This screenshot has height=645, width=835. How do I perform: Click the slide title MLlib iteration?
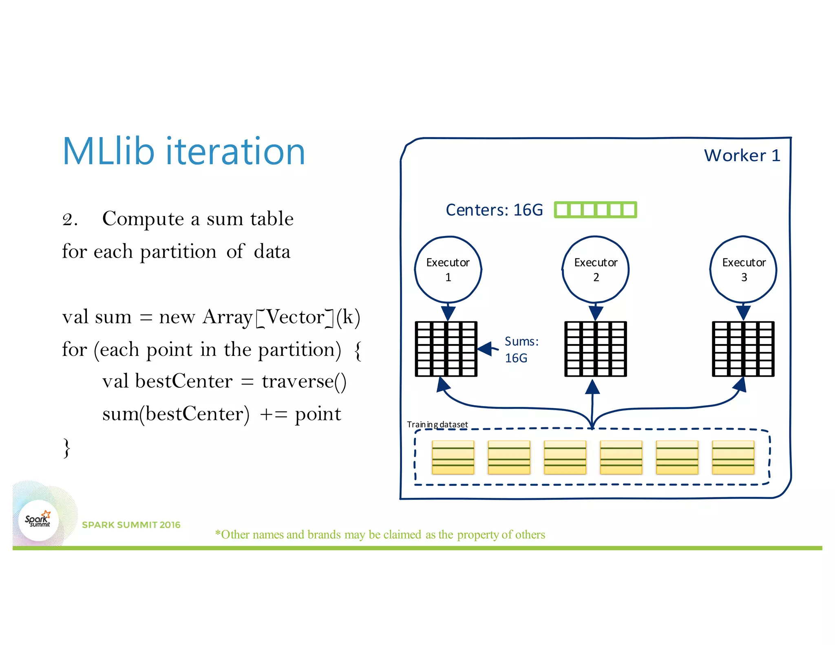pos(183,152)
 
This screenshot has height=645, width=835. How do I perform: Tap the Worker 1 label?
pos(742,156)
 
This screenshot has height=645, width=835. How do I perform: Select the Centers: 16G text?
pos(494,210)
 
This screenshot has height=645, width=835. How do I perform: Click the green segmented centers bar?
pos(595,210)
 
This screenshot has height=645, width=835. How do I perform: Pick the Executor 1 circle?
pos(448,269)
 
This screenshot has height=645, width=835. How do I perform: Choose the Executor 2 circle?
pos(596,269)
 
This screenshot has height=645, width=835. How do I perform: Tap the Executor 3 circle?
pos(743,269)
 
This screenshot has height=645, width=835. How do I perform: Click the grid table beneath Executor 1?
pos(446,349)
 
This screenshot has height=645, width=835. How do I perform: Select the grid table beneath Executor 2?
pos(595,349)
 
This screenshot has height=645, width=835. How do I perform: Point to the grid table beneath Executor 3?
pos(743,349)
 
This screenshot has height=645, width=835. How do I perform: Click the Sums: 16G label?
pos(521,349)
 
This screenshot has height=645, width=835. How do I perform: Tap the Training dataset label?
pos(437,424)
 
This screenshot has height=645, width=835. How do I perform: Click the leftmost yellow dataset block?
pos(453,457)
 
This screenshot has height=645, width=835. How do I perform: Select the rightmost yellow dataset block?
pos(733,457)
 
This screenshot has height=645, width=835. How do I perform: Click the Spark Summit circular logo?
pos(38,520)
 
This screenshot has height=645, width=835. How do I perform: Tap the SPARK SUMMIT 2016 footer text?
pos(131,525)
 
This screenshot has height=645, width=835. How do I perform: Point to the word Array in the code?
pos(228,317)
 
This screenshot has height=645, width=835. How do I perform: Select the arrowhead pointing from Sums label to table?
pos(485,349)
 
